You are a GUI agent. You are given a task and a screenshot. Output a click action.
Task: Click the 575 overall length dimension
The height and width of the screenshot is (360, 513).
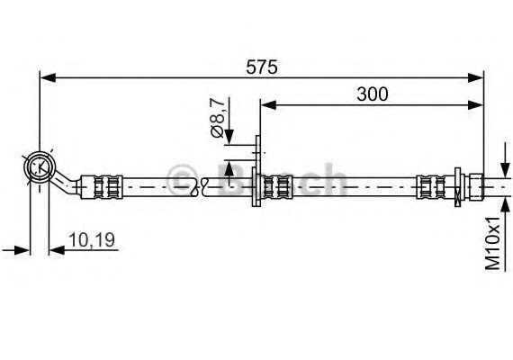coord(261,67)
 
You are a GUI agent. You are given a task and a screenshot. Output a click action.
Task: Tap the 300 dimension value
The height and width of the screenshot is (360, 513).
coord(373,94)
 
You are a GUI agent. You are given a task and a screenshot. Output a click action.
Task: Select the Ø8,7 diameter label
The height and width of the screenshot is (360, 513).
coord(217,118)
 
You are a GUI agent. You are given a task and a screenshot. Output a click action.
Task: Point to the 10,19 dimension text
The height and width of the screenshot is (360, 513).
coord(92,240)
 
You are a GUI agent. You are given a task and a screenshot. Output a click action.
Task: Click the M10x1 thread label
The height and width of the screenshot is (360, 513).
coord(492,243)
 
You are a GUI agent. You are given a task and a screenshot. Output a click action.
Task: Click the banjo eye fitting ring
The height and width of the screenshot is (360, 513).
coord(40,167)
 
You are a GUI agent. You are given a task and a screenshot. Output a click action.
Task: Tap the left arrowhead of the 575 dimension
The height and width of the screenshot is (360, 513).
coord(48,78)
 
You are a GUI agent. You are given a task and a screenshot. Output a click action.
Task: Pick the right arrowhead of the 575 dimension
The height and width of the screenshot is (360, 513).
coord(475,78)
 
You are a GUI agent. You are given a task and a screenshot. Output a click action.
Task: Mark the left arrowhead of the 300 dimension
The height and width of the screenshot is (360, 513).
coord(269,105)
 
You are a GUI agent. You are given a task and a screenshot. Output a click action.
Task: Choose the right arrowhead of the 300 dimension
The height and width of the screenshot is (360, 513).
coord(475,105)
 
